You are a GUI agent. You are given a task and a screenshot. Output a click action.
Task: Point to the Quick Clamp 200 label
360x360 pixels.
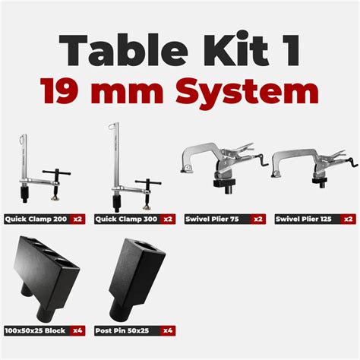[36, 219]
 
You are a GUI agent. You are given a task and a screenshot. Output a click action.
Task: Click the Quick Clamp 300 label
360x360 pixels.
[126, 219]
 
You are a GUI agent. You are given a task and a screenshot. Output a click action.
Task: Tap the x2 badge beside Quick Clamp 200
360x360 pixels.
[78, 219]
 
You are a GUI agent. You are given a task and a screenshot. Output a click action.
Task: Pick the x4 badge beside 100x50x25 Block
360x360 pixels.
[78, 330]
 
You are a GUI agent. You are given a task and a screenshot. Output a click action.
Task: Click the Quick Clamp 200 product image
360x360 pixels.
[37, 171]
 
